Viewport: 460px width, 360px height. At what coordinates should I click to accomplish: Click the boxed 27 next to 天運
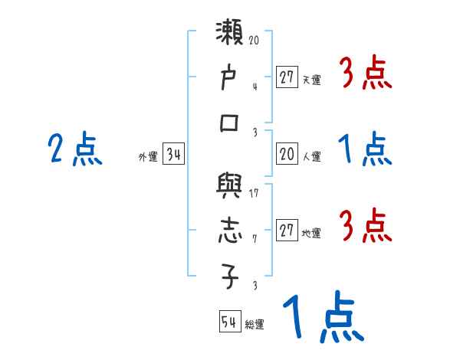pyautogui.click(x=287, y=77)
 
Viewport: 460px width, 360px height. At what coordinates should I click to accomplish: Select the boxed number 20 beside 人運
pyautogui.click(x=287, y=155)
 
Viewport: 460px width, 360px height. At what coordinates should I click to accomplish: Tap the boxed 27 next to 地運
pyautogui.click(x=287, y=231)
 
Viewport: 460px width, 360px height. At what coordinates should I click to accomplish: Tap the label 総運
pyautogui.click(x=255, y=325)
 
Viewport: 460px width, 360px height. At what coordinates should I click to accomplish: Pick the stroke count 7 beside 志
pyautogui.click(x=255, y=237)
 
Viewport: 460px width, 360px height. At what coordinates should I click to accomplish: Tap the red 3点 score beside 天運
pyautogui.click(x=365, y=74)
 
